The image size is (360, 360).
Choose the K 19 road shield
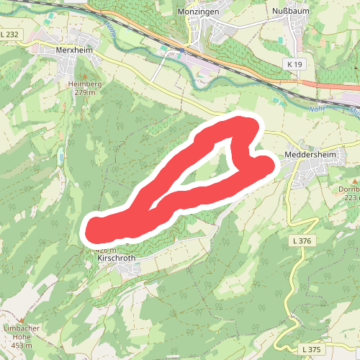(294, 65)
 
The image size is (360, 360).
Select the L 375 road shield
(311, 349)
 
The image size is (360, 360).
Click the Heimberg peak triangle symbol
(84, 76)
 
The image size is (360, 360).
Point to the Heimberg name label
(85, 84)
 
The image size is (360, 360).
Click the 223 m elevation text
(351, 197)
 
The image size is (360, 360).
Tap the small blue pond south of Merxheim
(61, 155)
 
